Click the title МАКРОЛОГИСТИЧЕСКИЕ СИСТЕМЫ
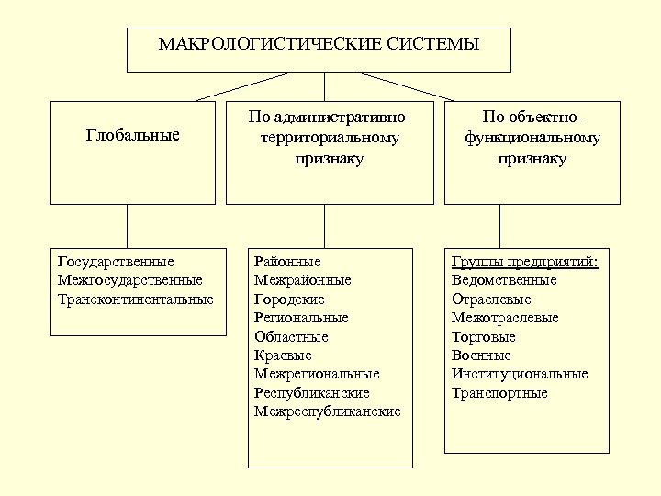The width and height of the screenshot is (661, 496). (x=319, y=44)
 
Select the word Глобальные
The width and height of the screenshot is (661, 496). (x=132, y=136)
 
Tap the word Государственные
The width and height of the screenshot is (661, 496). (x=116, y=262)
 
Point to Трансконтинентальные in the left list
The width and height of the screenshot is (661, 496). (x=135, y=299)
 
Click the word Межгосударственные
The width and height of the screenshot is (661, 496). (x=129, y=280)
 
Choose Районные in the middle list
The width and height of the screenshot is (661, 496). (x=287, y=262)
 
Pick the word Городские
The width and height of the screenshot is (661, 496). (x=289, y=299)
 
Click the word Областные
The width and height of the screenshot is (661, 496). (x=291, y=336)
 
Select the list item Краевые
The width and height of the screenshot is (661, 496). (x=283, y=355)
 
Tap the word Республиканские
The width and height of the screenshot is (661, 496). (x=311, y=393)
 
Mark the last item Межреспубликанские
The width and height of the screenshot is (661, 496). (x=327, y=411)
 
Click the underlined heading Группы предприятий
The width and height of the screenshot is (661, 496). (x=524, y=262)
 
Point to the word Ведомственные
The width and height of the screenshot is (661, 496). (x=504, y=280)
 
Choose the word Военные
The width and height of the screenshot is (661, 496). (x=481, y=355)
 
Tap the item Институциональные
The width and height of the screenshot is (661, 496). (x=520, y=374)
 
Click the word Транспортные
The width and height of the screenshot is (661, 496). (x=499, y=393)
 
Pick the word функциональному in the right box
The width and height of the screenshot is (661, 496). (x=532, y=139)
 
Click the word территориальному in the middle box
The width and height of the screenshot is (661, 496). (x=329, y=139)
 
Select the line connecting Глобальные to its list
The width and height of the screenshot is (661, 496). (x=127, y=226)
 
